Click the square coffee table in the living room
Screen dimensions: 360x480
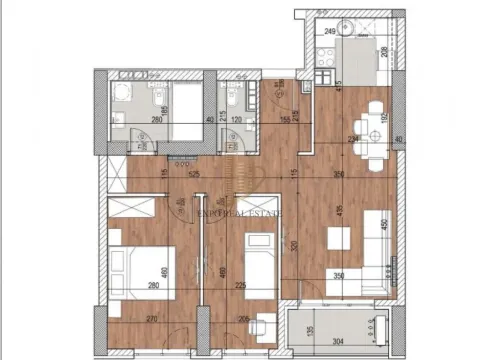[x=338, y=240]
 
